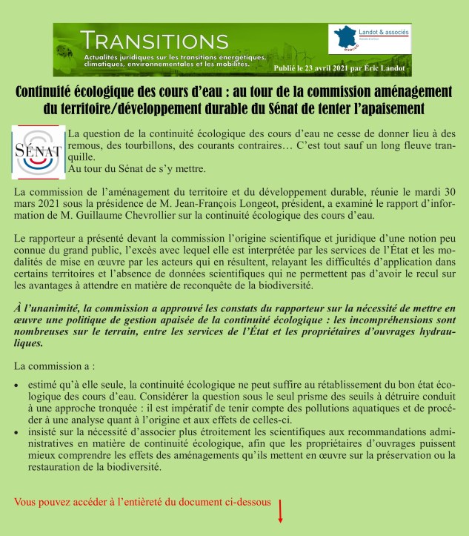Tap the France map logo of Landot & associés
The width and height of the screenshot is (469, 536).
pos(342,39)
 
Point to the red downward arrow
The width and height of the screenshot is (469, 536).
pos(280,511)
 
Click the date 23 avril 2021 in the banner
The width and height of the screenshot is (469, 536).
pos(322,67)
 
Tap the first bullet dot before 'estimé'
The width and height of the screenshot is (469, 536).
pos(17,386)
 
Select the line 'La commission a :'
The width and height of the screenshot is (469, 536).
pos(54,366)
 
